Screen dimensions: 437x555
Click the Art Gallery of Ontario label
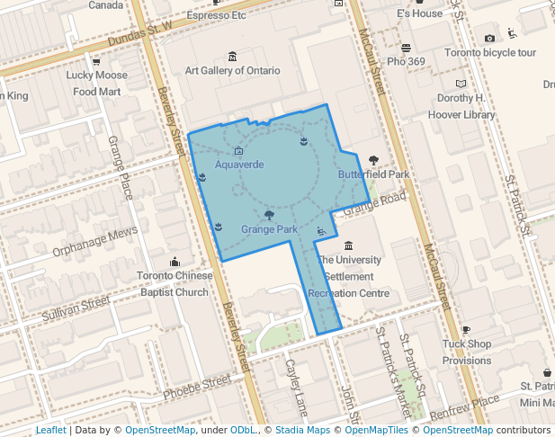pyautogui.click(x=233, y=70)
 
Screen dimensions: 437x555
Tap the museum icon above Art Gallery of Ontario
pyautogui.click(x=233, y=57)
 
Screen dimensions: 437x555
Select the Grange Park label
pyautogui.click(x=269, y=229)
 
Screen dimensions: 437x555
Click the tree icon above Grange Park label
pyautogui.click(x=269, y=215)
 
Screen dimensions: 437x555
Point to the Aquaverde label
pyautogui.click(x=239, y=165)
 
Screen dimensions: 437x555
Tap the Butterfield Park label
pyautogui.click(x=373, y=174)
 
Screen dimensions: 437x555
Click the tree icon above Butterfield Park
pyautogui.click(x=373, y=160)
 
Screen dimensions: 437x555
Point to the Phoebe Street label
pyautogui.click(x=197, y=385)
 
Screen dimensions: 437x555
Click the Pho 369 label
pyautogui.click(x=406, y=61)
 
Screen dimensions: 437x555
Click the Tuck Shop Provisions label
pyautogui.click(x=467, y=352)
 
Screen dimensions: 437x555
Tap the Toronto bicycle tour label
pyautogui.click(x=489, y=52)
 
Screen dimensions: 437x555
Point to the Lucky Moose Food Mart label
pyautogui.click(x=97, y=83)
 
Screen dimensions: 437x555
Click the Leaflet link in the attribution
pyautogui.click(x=50, y=431)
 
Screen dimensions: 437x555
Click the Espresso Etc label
pyautogui.click(x=216, y=15)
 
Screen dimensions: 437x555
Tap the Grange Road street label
pyautogui.click(x=375, y=203)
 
